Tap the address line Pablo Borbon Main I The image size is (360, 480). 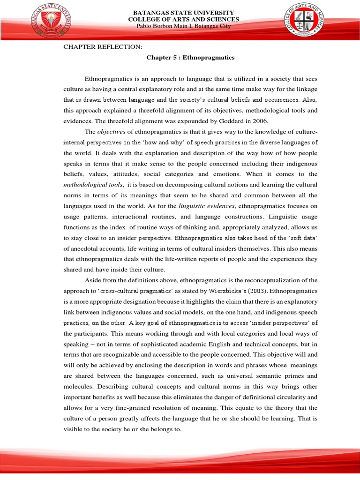coord(183,26)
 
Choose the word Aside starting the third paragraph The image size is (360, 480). coord(92,280)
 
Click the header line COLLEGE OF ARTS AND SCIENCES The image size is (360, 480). coord(184,19)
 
